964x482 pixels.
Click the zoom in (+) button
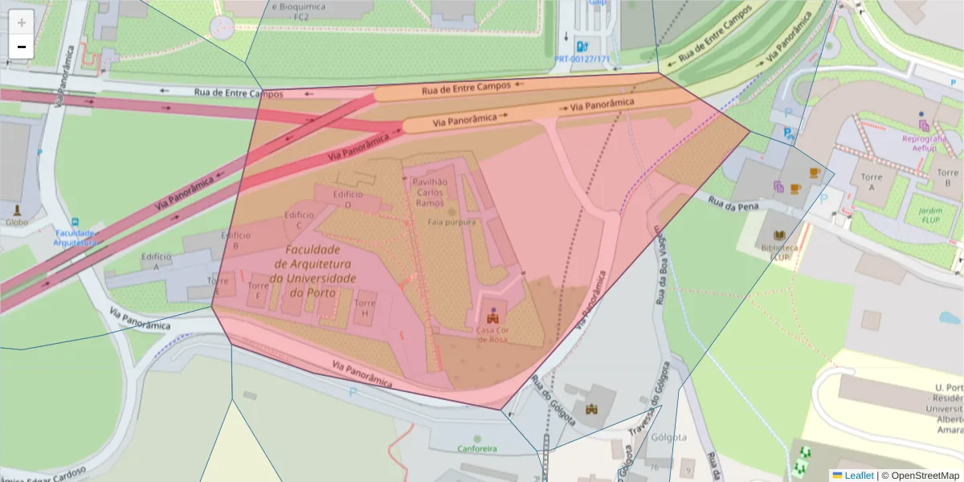point(22,22)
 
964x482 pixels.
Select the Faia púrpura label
point(451,222)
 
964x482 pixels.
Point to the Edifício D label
point(348,199)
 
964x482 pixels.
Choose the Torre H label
point(365,308)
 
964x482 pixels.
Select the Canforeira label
point(477,448)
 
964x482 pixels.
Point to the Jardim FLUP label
point(929,215)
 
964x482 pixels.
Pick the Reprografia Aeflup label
point(925,143)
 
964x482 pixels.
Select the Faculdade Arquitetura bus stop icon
point(76,222)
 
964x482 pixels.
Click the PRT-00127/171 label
point(582,59)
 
